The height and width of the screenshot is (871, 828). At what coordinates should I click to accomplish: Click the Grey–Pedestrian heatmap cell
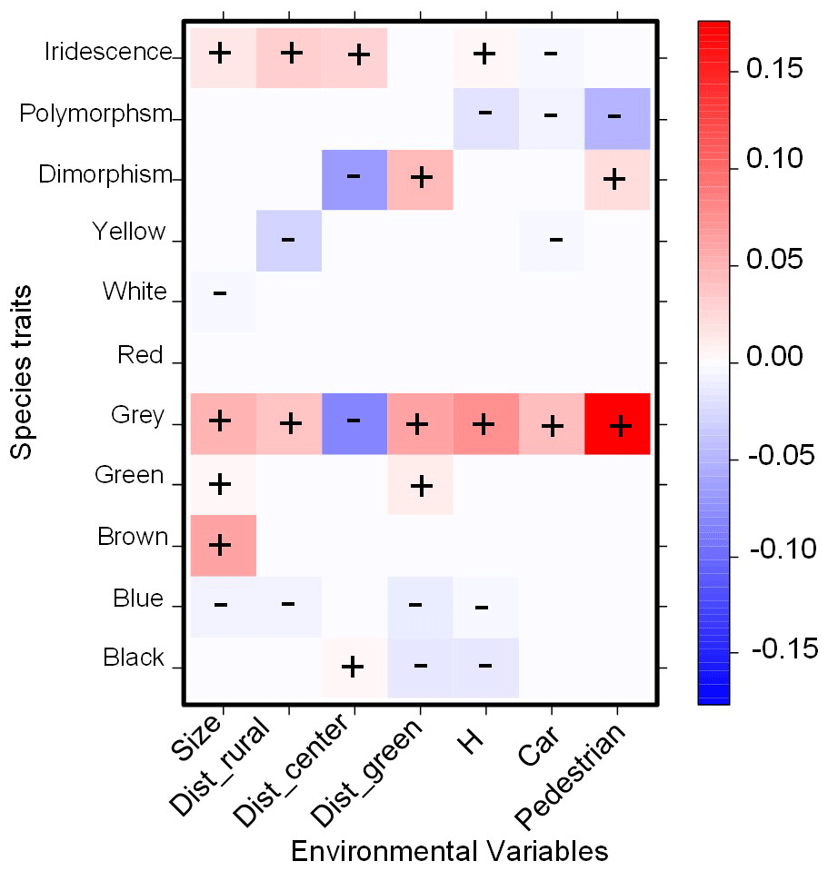(x=618, y=424)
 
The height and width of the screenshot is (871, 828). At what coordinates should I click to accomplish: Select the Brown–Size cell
(x=222, y=545)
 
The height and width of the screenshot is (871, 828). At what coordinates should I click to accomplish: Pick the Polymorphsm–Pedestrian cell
(x=616, y=119)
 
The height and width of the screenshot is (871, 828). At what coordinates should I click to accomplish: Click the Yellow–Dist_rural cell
(x=289, y=241)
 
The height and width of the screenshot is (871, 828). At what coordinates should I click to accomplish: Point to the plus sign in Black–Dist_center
(x=353, y=667)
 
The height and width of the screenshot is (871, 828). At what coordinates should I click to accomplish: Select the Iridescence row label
(x=107, y=52)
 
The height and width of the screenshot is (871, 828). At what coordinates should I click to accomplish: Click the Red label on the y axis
(x=140, y=355)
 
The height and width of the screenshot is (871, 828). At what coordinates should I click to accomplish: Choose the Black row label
(x=134, y=658)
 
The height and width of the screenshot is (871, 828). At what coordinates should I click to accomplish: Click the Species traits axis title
(x=25, y=371)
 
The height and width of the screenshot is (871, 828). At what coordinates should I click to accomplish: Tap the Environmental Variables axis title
(x=448, y=851)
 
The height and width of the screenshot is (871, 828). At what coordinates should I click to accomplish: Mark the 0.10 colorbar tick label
(x=775, y=161)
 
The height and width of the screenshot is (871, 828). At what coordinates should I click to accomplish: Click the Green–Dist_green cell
(x=420, y=485)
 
